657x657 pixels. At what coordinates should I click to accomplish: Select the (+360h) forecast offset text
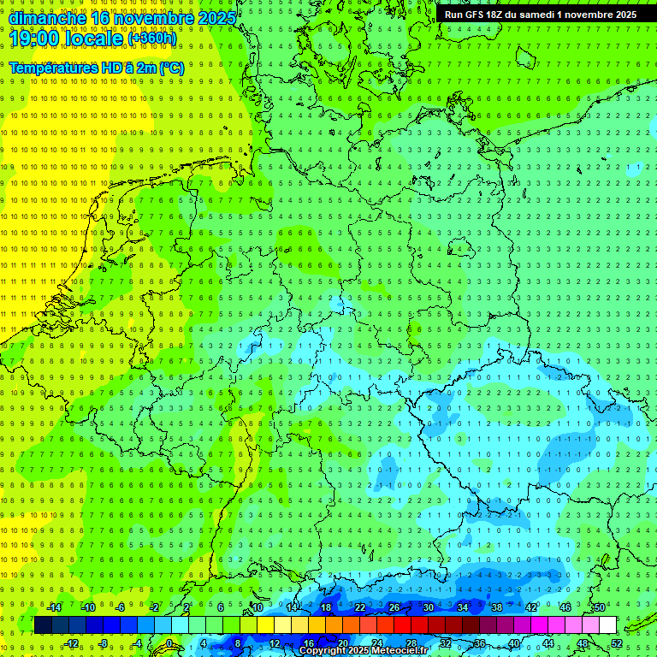click(x=152, y=38)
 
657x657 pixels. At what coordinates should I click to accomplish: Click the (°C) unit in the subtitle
click(x=171, y=68)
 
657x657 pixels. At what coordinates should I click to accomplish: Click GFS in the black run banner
click(x=477, y=15)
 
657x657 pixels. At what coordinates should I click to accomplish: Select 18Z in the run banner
click(x=500, y=15)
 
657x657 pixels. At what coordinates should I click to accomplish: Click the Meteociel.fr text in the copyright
click(x=399, y=651)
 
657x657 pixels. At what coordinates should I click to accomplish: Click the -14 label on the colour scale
click(x=54, y=607)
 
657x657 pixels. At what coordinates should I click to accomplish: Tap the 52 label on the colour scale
click(x=617, y=643)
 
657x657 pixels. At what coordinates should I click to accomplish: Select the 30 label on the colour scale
click(x=429, y=607)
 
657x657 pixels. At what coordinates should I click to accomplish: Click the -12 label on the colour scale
click(x=71, y=643)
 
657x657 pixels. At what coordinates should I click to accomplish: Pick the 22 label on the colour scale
click(x=360, y=607)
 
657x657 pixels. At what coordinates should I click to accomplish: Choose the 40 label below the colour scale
click(x=514, y=643)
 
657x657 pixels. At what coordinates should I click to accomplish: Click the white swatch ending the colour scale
click(x=607, y=624)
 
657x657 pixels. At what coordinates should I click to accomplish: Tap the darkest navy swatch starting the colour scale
click(x=43, y=624)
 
